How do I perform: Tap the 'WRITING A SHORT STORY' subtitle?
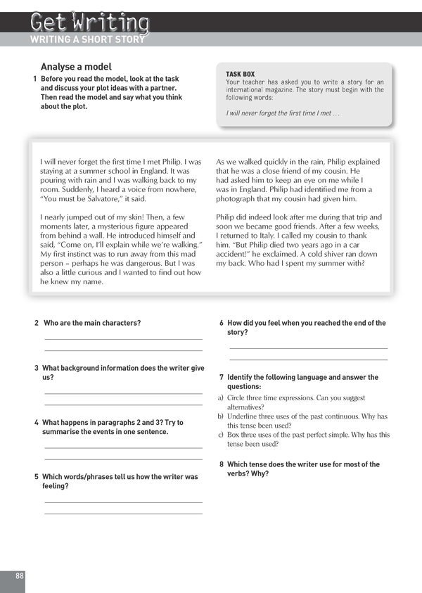tap(87, 39)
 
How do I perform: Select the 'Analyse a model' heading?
tap(76, 67)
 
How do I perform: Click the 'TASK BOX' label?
tap(240, 74)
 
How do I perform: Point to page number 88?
tap(19, 575)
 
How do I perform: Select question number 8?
tap(222, 464)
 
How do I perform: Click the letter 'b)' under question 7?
tap(222, 416)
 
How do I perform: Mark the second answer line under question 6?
tap(309, 359)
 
